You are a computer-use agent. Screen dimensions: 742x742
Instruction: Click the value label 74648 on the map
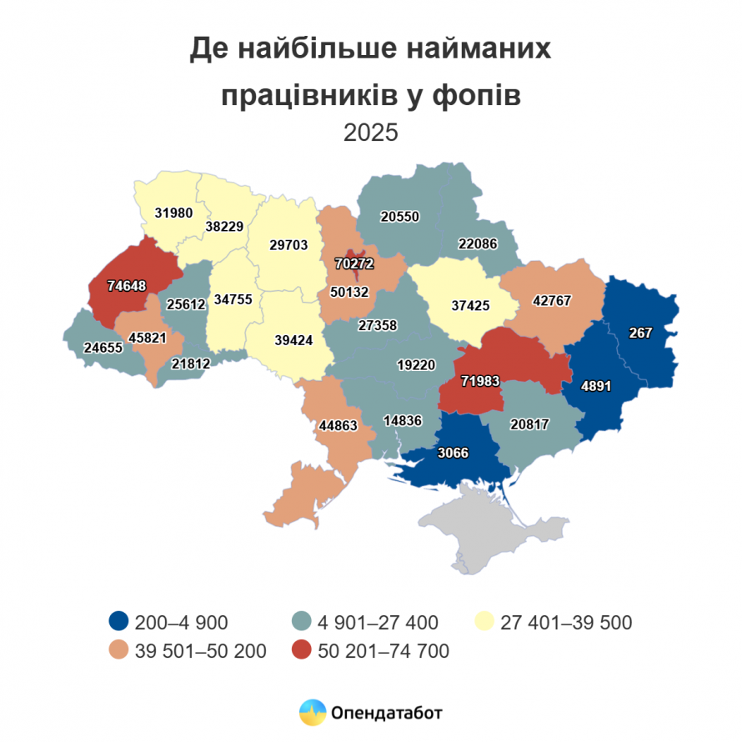[x=127, y=286]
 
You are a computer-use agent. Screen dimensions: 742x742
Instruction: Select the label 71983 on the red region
[x=479, y=381]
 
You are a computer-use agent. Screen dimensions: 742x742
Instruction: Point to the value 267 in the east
[x=641, y=332]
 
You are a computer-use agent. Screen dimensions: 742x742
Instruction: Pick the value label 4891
[x=595, y=387]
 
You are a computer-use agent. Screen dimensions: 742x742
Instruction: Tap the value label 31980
[x=173, y=213]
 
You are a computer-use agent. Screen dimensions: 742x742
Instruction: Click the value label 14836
[x=403, y=420]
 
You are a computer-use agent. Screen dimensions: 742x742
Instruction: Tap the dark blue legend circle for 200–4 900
[x=118, y=622]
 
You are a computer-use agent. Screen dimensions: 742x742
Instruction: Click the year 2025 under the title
[x=371, y=133]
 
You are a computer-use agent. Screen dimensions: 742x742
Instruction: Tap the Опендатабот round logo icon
[x=313, y=712]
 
